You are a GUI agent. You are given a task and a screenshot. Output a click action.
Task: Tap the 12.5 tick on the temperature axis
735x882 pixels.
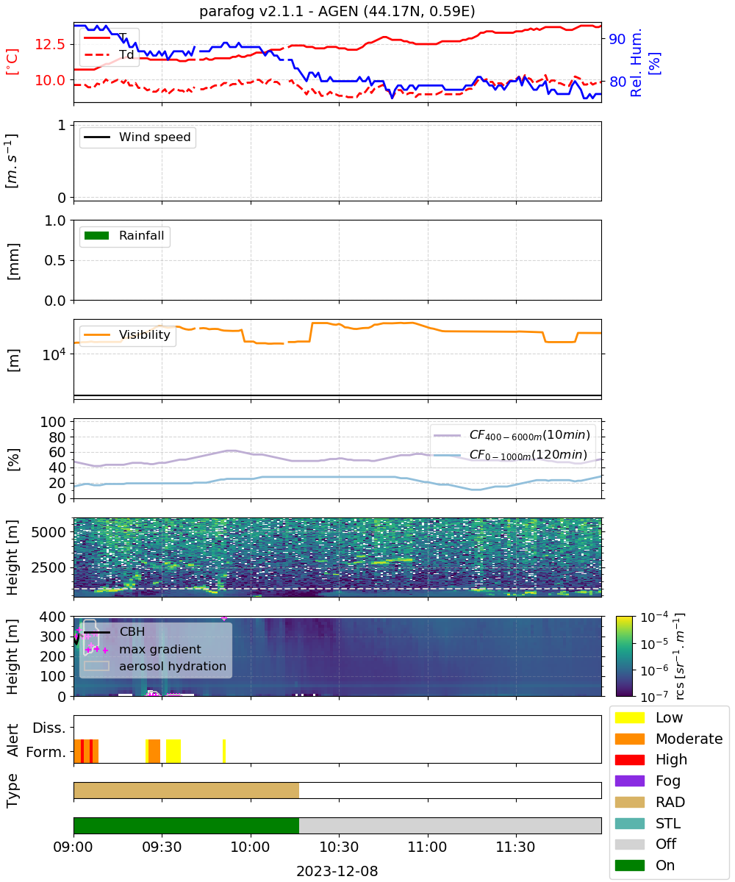[x=50, y=44]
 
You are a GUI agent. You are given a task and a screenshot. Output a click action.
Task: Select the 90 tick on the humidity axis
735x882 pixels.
[x=617, y=39]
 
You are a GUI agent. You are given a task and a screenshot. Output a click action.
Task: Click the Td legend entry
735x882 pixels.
[x=109, y=55]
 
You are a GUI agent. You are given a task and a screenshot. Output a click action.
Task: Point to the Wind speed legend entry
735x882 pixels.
[x=137, y=137]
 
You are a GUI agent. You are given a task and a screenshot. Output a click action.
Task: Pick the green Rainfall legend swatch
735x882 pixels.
[x=97, y=235]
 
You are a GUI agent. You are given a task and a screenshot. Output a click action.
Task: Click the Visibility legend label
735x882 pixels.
[x=145, y=334]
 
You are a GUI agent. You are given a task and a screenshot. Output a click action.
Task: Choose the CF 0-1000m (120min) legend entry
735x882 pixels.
[x=510, y=454]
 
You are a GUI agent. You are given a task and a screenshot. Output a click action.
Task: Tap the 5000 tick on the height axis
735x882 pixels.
[x=49, y=532]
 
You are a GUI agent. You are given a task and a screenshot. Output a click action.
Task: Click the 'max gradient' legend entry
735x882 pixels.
[x=143, y=649]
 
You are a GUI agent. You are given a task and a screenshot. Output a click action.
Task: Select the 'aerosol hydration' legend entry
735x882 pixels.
[x=155, y=666]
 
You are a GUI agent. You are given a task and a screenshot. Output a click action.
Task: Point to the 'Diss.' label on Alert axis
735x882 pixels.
[x=49, y=728]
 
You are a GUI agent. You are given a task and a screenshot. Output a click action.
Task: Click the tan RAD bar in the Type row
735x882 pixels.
[x=186, y=790]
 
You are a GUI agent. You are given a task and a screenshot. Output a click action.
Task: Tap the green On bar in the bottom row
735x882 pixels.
[x=186, y=825]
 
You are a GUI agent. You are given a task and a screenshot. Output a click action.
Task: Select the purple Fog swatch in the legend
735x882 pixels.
[x=629, y=781]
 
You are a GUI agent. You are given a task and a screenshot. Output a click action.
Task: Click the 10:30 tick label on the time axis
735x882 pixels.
[x=339, y=847]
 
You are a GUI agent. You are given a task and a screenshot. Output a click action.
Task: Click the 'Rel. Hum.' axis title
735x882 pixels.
[x=636, y=62]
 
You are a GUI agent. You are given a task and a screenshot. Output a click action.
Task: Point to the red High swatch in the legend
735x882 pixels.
[x=629, y=759]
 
